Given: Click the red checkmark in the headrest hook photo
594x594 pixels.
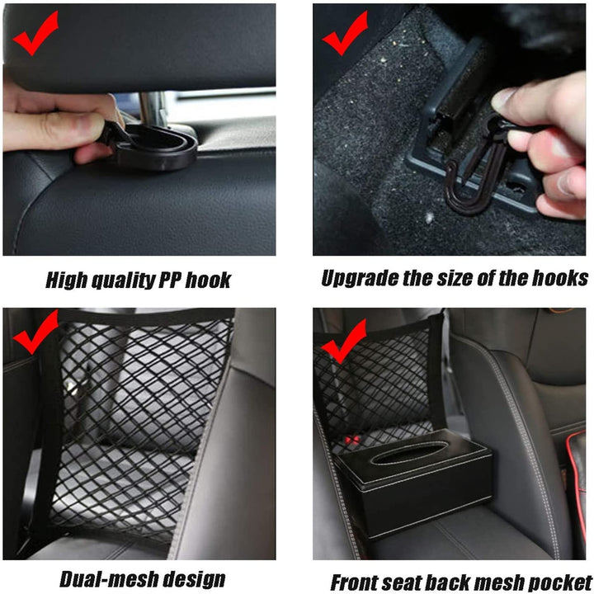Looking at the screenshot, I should click(35, 35).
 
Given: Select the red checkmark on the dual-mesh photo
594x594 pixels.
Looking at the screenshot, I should click(35, 332).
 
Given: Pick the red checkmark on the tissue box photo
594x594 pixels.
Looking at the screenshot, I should click(343, 341).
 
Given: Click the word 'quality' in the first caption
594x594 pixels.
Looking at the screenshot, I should click(120, 280).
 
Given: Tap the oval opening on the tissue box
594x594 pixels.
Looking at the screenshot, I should click(417, 453).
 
